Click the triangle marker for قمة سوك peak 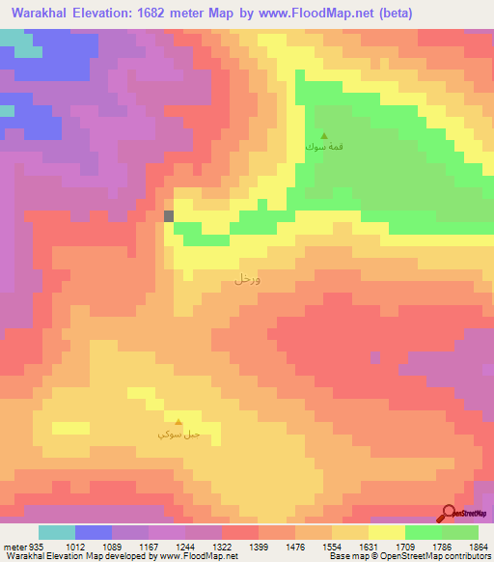coord(323,135)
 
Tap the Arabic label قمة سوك coord(322,148)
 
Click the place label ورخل coord(247,278)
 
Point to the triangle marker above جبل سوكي coord(178,421)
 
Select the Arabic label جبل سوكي coord(178,435)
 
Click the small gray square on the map coord(170,216)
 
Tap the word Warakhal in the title coord(38,13)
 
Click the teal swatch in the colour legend coord(57,532)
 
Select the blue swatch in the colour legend coord(94,532)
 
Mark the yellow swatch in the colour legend coord(387,532)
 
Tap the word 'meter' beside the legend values coord(15,547)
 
